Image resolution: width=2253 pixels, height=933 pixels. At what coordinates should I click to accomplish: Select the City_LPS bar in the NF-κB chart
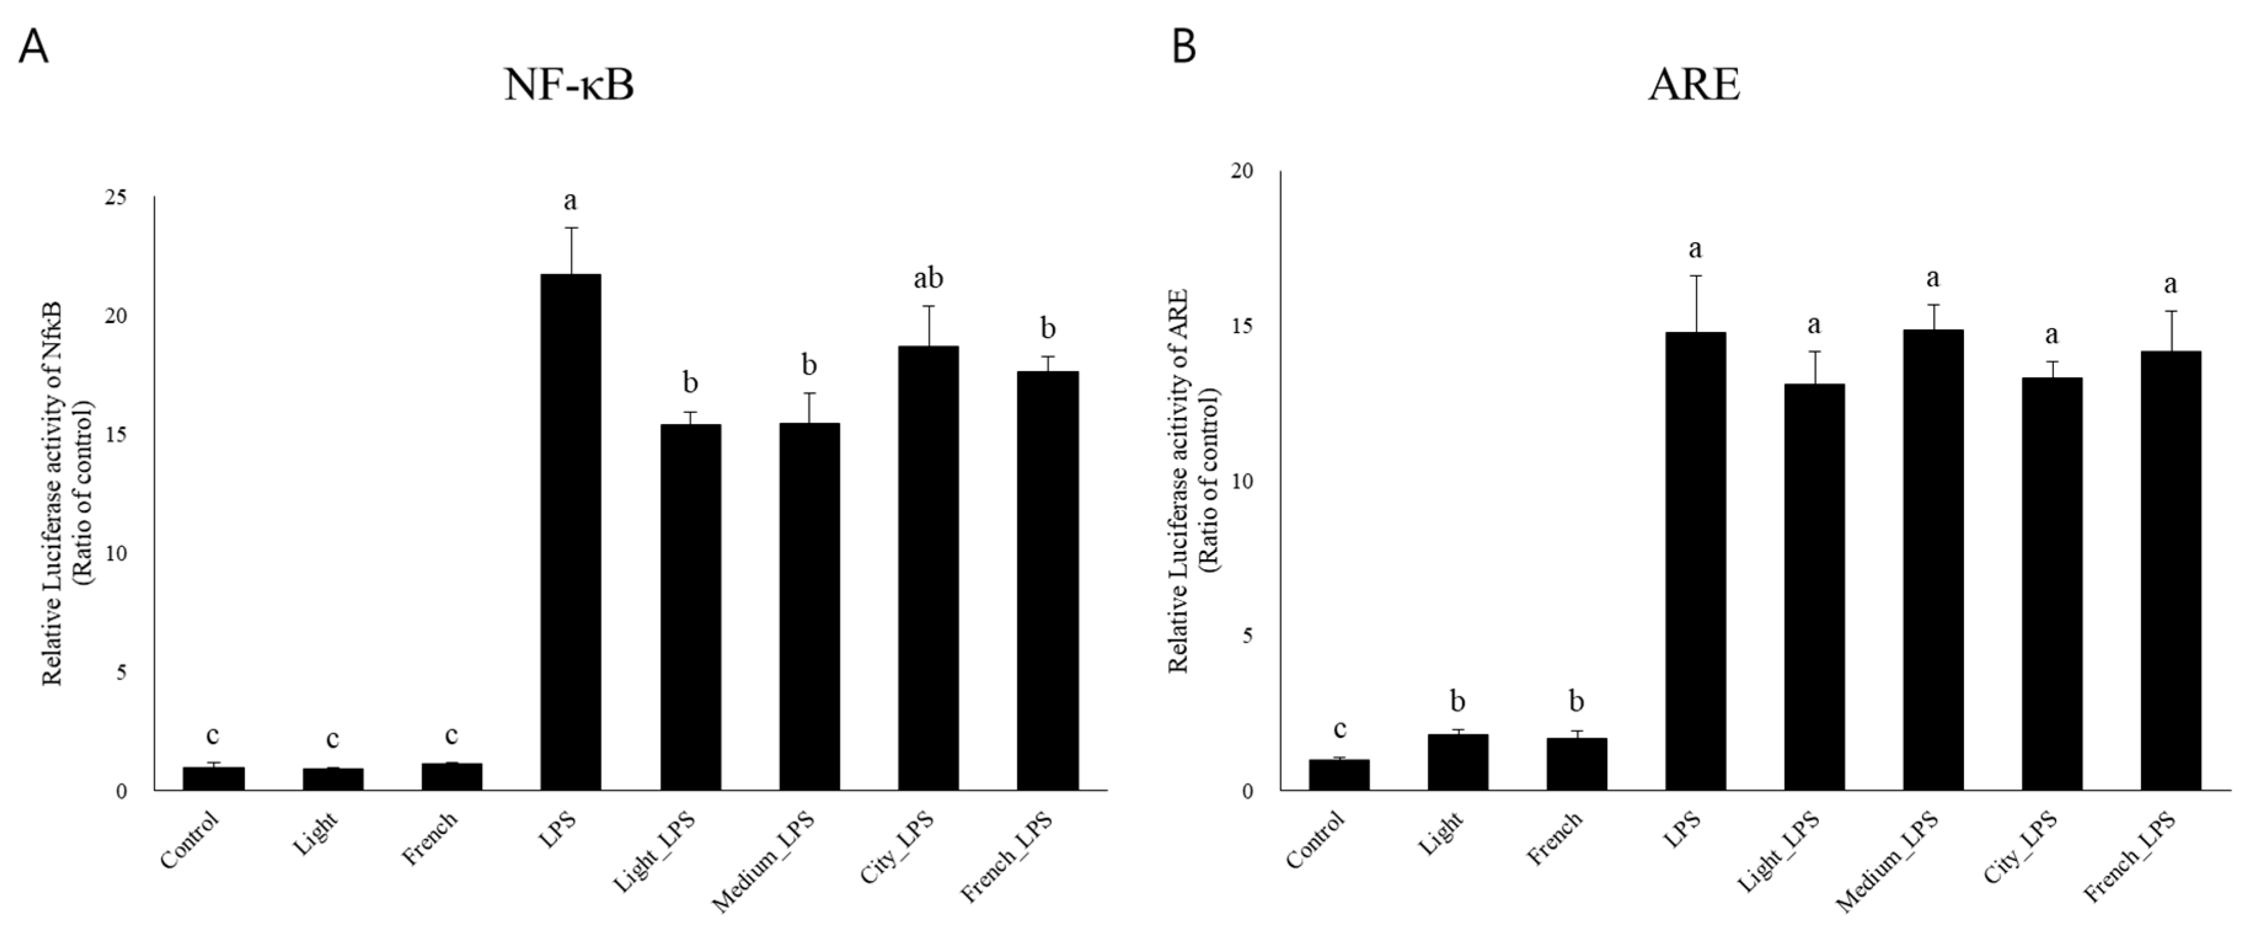pyautogui.click(x=928, y=569)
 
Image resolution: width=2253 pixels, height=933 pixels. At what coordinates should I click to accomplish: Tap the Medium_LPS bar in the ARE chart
pyautogui.click(x=1933, y=560)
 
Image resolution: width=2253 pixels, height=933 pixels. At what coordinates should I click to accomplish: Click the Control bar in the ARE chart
pyautogui.click(x=1339, y=774)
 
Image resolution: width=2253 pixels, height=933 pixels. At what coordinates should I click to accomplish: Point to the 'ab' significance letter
pyautogui.click(x=928, y=279)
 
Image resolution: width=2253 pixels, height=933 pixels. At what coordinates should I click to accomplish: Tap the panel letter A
pyautogui.click(x=33, y=46)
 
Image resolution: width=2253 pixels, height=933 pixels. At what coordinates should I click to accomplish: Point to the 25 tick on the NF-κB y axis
pyautogui.click(x=114, y=198)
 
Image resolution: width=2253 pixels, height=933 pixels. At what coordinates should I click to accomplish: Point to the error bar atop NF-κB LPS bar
pyautogui.click(x=571, y=250)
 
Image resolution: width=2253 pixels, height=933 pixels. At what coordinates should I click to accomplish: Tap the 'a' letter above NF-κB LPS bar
pyautogui.click(x=571, y=202)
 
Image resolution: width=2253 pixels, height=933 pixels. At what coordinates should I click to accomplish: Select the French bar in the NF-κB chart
pyautogui.click(x=451, y=776)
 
